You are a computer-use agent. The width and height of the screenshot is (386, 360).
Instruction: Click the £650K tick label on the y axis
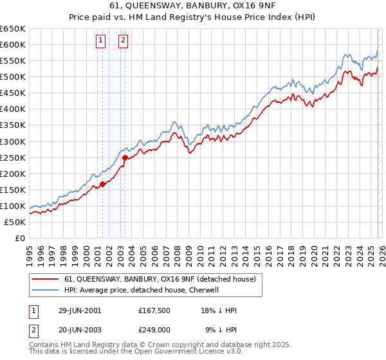coord(13,29)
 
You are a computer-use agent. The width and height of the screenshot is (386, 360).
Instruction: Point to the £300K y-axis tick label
coord(13,141)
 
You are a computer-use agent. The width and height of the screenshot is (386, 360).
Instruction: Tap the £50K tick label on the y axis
coord(15,222)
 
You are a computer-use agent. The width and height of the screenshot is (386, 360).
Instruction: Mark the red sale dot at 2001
coord(102,184)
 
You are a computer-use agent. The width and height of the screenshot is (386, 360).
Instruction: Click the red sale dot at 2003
coord(125,157)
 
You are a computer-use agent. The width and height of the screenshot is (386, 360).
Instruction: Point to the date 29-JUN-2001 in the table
coord(80,310)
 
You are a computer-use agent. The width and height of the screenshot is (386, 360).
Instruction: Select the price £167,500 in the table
coord(154,310)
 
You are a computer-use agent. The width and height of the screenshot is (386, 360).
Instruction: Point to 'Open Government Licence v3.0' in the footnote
coord(187,352)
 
